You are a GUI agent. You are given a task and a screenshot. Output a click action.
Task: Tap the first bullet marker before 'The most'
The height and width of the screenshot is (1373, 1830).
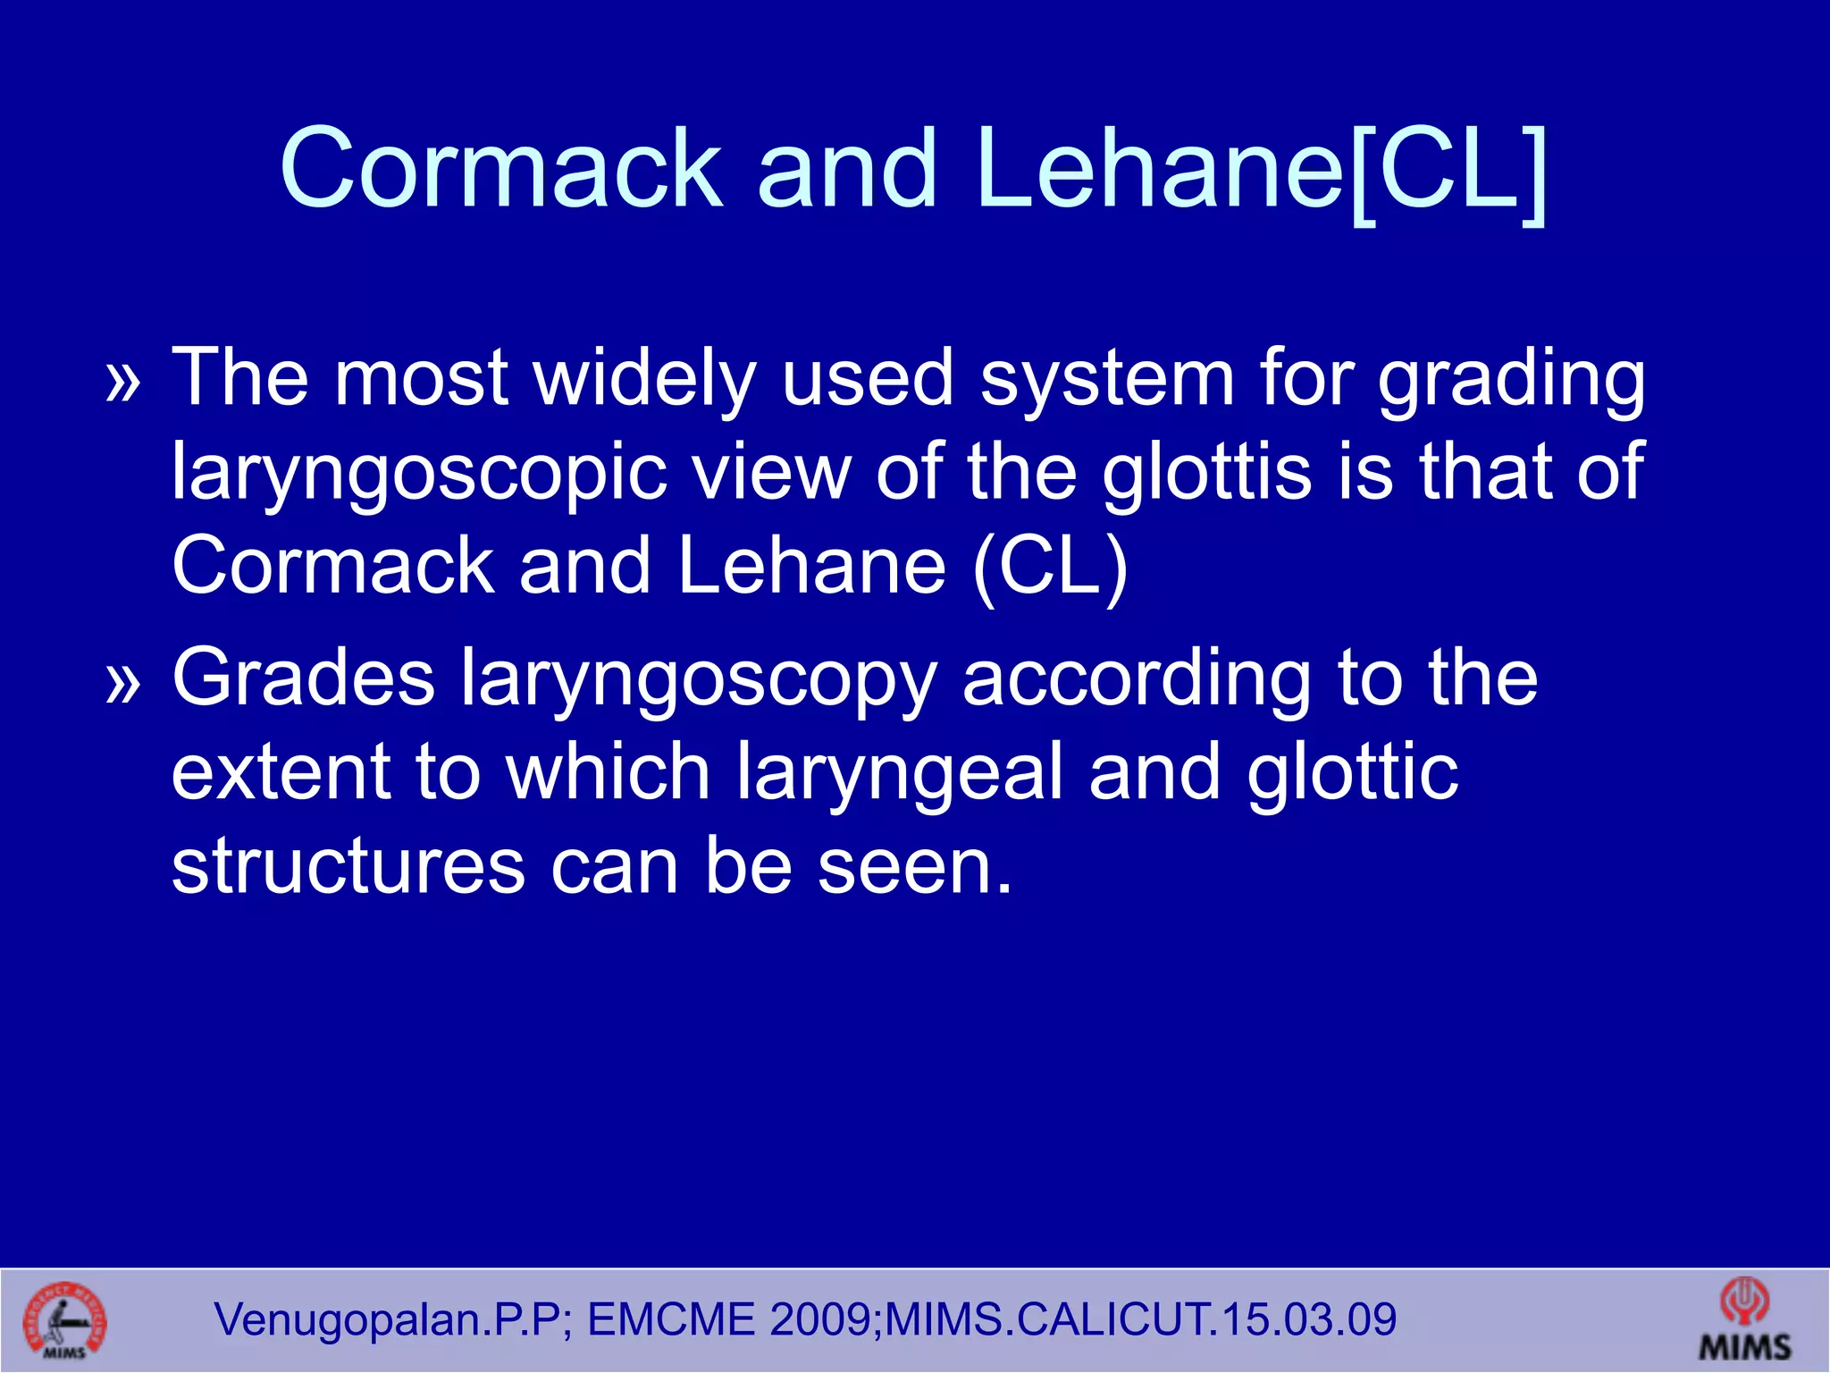[123, 382]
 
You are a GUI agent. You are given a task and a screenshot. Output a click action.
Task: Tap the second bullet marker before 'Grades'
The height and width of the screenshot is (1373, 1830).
[123, 683]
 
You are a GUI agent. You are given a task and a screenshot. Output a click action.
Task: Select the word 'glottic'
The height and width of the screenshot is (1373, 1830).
[1353, 774]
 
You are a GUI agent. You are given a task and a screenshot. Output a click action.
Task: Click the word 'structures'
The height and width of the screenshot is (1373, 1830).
[348, 867]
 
